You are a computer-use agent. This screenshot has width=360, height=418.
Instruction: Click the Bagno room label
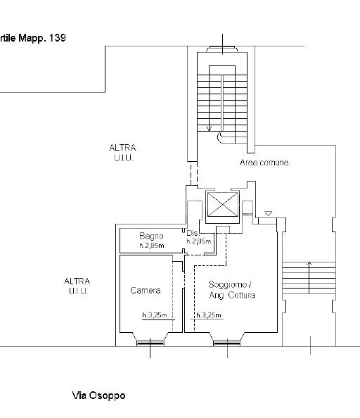coord(151,236)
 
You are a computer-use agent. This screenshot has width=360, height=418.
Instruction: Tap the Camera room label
coord(146,291)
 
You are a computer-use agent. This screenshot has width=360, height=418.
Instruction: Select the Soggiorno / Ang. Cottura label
coord(231,290)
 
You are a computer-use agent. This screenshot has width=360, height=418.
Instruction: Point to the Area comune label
coord(264,163)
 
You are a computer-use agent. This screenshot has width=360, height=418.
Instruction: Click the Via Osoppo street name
coord(98,395)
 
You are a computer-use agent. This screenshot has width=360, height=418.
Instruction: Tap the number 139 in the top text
coord(57,38)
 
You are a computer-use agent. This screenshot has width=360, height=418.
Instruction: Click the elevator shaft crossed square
coord(223,205)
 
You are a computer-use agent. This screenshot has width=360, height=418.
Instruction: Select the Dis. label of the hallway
coord(193,233)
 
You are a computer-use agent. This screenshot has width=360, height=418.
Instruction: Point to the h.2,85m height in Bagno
coord(152,246)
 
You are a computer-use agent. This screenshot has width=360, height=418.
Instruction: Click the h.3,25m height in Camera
coord(155,315)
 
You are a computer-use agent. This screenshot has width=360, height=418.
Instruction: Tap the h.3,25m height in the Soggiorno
coord(209,315)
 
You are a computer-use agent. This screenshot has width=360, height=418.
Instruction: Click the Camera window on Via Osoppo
coord(150,343)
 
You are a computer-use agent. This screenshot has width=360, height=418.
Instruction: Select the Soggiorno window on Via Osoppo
coord(227,343)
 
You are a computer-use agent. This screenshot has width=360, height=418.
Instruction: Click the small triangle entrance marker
coord(269,213)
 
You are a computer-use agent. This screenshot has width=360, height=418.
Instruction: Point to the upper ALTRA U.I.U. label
coord(123,153)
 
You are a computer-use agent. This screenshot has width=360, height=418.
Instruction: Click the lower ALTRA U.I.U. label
coord(77,286)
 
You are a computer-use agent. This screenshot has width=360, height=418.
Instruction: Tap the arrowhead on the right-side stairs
coord(309,263)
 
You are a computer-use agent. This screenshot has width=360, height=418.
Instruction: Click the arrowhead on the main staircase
coord(210,129)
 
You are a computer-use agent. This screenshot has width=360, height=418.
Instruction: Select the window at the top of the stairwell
coord(222,49)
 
